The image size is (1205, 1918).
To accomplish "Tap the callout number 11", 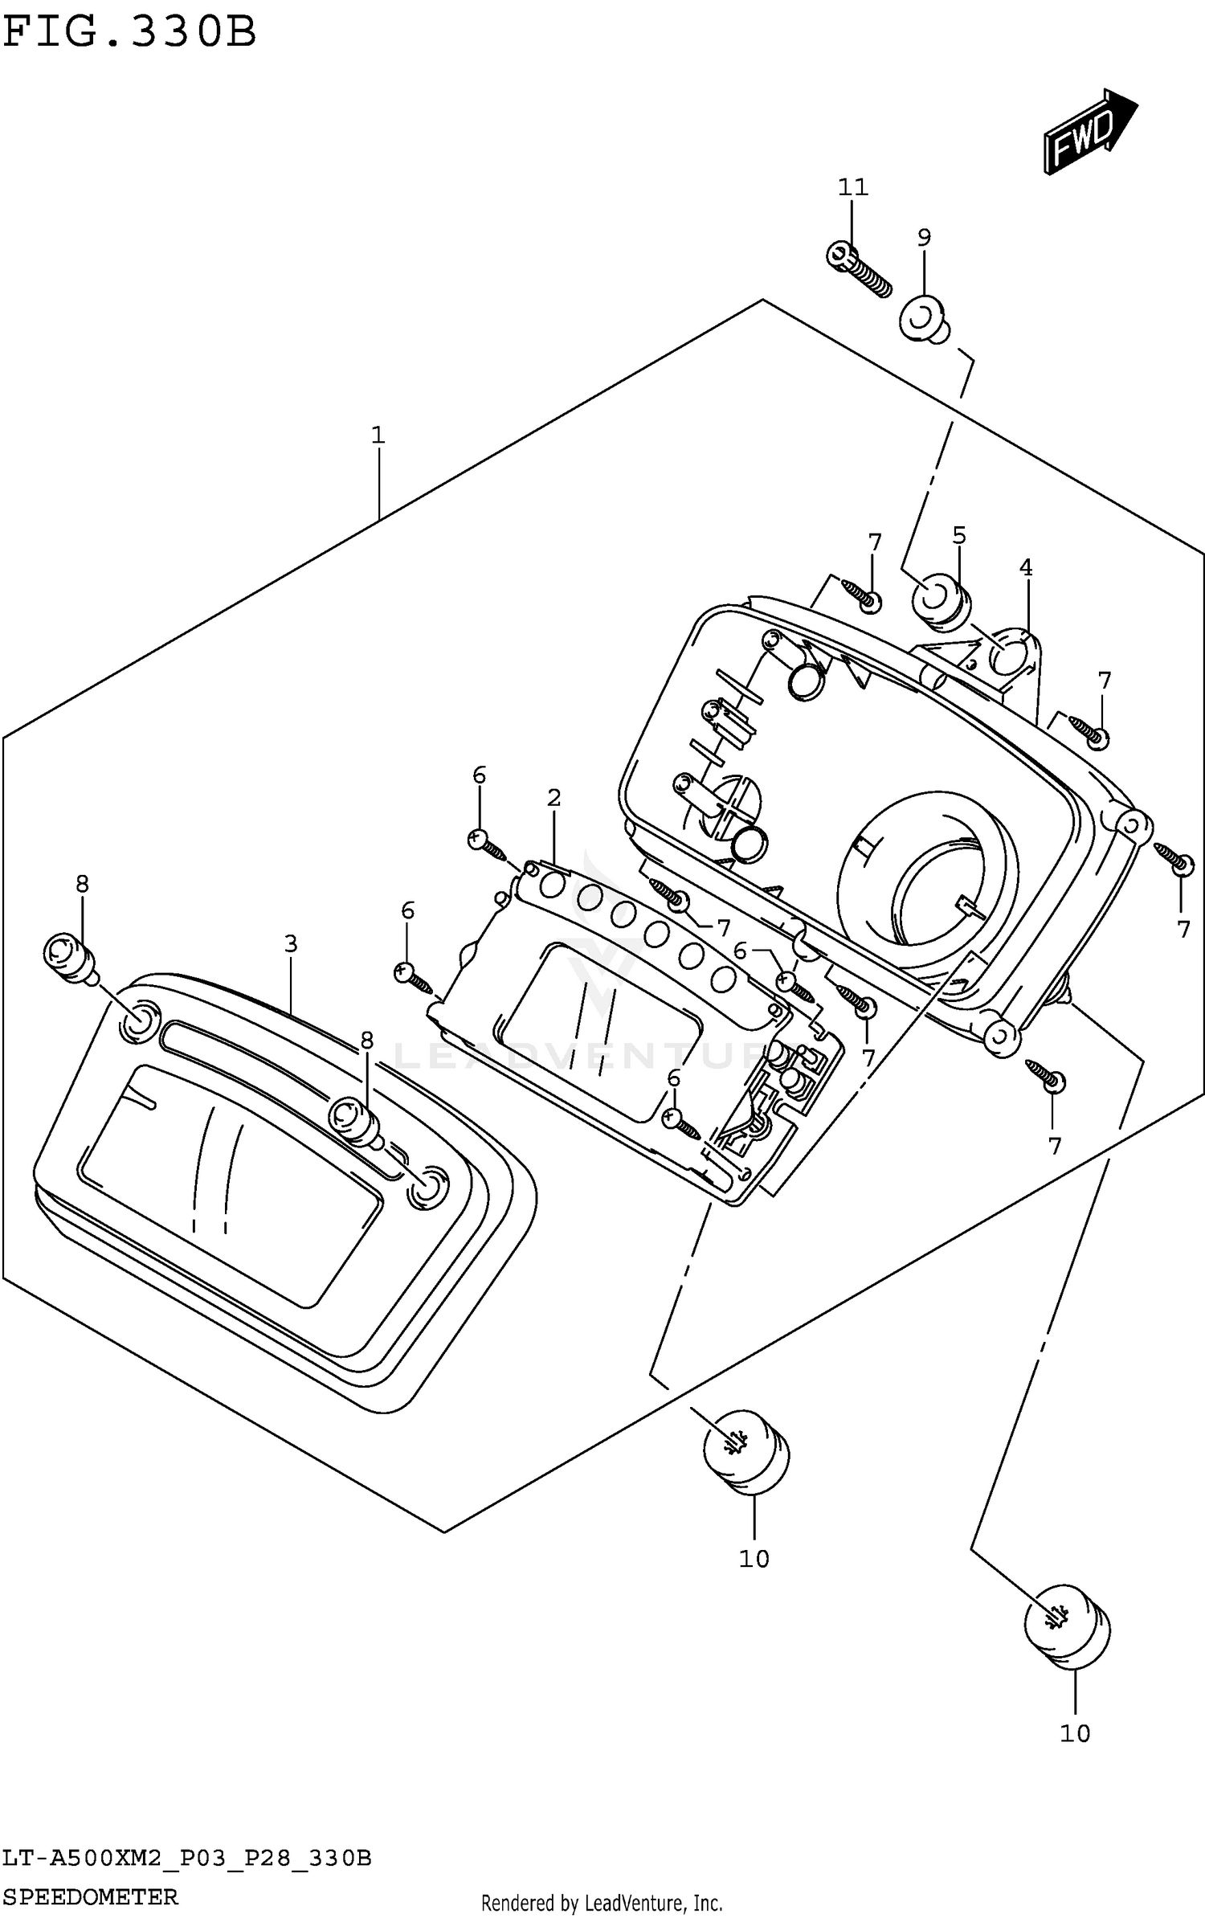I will pyautogui.click(x=853, y=187).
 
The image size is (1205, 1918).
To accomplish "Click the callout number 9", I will pyautogui.click(x=924, y=238).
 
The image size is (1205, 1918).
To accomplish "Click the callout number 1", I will pyautogui.click(x=378, y=436).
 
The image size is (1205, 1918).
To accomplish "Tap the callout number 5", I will pyautogui.click(x=959, y=535).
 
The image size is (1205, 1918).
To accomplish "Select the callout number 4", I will pyautogui.click(x=1026, y=568).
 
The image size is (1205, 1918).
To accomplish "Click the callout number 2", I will pyautogui.click(x=553, y=798).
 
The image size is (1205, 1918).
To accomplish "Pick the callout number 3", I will pyautogui.click(x=291, y=944).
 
